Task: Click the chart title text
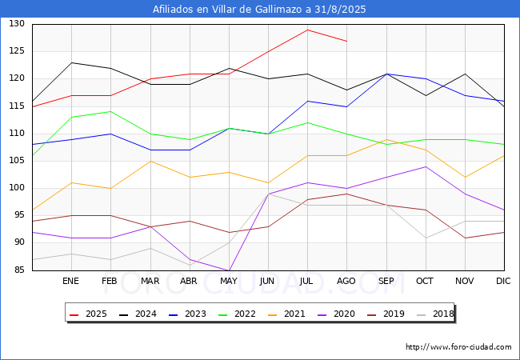(x=259, y=10)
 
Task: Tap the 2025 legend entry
(x=89, y=314)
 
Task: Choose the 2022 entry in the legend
(x=237, y=314)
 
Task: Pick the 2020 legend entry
(x=336, y=314)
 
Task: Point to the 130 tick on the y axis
(x=18, y=24)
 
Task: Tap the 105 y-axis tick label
(x=18, y=161)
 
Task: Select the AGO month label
(x=346, y=282)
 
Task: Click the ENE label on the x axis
(x=71, y=282)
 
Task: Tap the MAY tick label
(x=229, y=282)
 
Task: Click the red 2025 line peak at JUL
(x=307, y=30)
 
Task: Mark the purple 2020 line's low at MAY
(x=229, y=270)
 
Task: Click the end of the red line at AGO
(x=346, y=41)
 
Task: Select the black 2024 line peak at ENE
(x=71, y=62)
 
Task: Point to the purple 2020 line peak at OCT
(x=426, y=166)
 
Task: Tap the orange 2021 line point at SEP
(x=386, y=139)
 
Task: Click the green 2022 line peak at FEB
(x=110, y=112)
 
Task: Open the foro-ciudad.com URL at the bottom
(x=458, y=347)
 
